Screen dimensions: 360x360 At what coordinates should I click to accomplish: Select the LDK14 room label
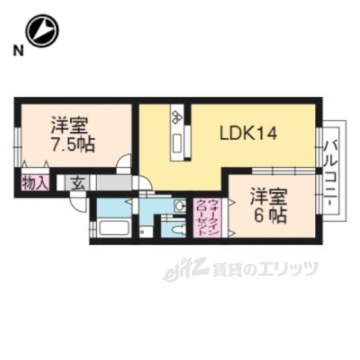pos(248,133)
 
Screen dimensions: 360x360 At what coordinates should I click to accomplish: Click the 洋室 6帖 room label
pos(268,205)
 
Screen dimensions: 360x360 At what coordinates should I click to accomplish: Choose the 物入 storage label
pos(34,181)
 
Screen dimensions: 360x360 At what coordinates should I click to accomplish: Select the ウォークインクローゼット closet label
pos(207,217)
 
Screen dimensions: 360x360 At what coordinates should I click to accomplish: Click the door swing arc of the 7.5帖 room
pos(125,161)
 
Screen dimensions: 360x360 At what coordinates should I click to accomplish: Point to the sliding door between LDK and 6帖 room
pos(274,169)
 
